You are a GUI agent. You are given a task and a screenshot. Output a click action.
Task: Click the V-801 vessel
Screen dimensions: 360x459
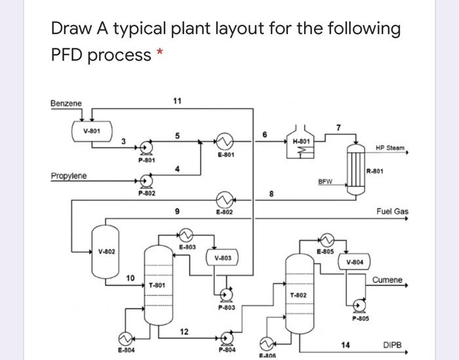(92, 130)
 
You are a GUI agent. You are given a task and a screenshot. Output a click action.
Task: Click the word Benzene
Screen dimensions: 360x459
(66, 104)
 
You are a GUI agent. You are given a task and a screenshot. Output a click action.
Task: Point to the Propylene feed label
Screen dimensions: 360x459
(70, 176)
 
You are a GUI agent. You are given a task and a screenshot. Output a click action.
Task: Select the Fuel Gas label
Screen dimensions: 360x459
(392, 211)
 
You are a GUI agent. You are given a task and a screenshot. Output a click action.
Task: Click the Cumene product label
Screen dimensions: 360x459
(387, 280)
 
